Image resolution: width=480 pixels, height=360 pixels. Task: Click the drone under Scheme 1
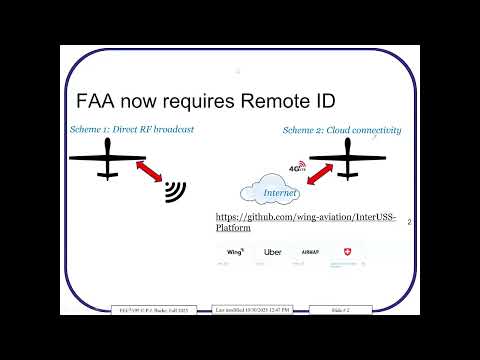tap(109, 158)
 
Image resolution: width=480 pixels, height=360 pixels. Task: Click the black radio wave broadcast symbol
tap(177, 191)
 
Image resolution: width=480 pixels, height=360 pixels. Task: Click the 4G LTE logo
tap(296, 169)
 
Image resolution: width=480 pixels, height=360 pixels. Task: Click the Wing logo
tap(237, 252)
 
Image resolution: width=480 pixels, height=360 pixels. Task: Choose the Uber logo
tap(272, 252)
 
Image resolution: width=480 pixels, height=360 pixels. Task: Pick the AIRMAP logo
tap(309, 252)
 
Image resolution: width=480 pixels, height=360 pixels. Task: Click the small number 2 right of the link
tap(409, 225)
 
